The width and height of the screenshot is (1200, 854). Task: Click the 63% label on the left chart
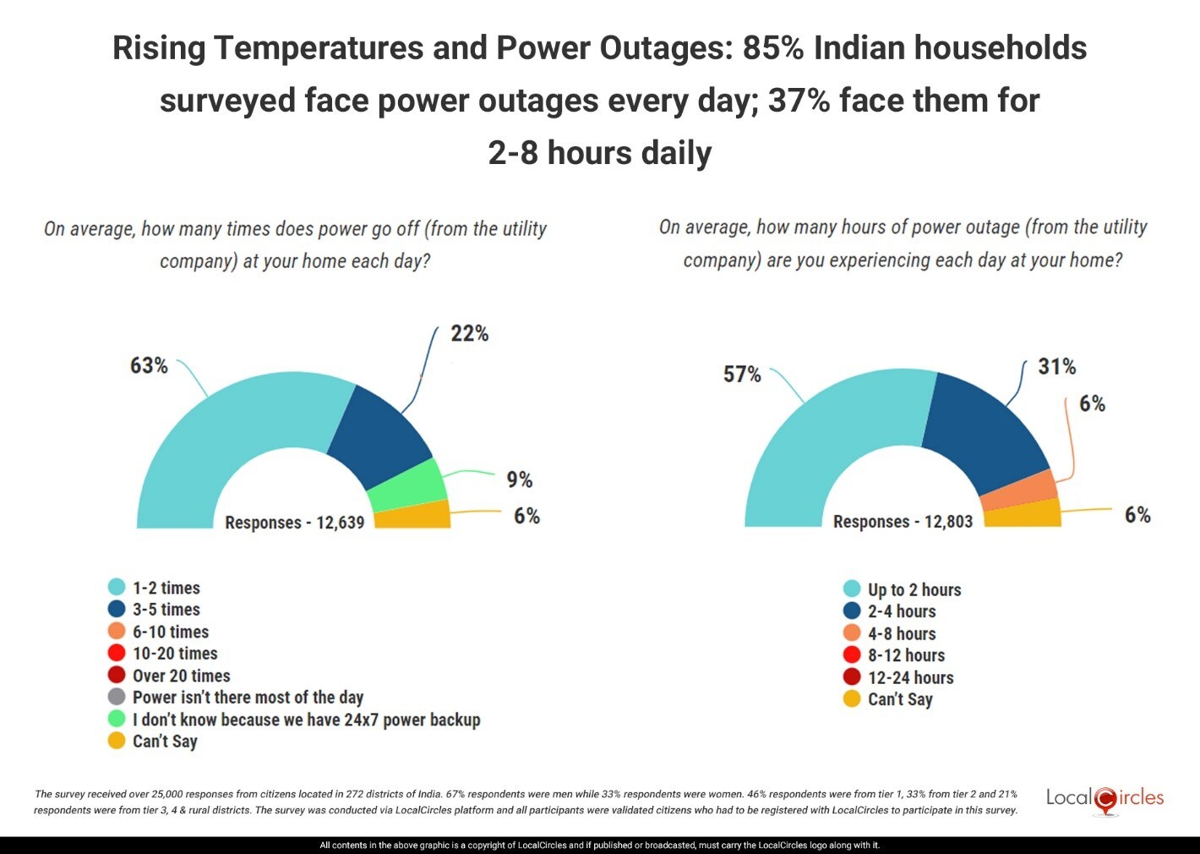click(149, 365)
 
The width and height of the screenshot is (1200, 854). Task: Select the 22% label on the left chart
click(469, 333)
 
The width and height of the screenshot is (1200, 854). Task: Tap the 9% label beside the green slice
click(519, 479)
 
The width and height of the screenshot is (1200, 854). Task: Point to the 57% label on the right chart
click(742, 374)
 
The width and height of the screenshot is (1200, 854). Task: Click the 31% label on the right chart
click(1056, 366)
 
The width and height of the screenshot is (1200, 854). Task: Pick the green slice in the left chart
click(407, 485)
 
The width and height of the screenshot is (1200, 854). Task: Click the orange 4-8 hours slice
click(1019, 490)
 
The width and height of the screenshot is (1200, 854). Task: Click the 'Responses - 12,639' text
click(294, 523)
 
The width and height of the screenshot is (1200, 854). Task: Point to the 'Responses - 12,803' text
click(903, 522)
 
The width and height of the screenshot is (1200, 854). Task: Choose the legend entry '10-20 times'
click(175, 654)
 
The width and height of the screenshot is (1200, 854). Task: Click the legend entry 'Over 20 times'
click(181, 676)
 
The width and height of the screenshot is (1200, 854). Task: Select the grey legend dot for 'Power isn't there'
click(117, 697)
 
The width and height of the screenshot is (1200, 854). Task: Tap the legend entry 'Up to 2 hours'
click(914, 589)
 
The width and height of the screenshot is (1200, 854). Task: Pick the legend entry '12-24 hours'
click(910, 677)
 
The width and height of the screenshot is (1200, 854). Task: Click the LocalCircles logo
click(1105, 799)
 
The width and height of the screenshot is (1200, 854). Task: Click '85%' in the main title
click(772, 48)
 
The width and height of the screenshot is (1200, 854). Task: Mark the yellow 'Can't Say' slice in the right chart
click(1023, 513)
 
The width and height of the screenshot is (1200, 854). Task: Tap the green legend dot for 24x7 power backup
click(117, 719)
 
